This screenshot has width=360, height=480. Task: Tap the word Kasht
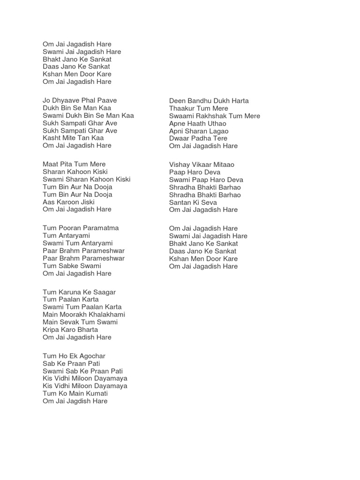click(52, 138)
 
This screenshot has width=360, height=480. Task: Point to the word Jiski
click(85, 202)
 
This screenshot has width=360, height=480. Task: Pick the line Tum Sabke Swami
click(72, 266)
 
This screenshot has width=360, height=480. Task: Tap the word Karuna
click(69, 292)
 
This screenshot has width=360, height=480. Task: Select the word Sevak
click(71, 322)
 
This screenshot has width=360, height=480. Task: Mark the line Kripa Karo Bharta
click(70, 330)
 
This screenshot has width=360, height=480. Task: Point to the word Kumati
click(94, 393)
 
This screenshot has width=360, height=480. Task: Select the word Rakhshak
click(210, 116)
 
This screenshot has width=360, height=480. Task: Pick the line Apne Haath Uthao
click(197, 123)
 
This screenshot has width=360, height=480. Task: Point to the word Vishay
click(180, 165)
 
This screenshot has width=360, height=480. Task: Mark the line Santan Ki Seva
click(193, 202)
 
